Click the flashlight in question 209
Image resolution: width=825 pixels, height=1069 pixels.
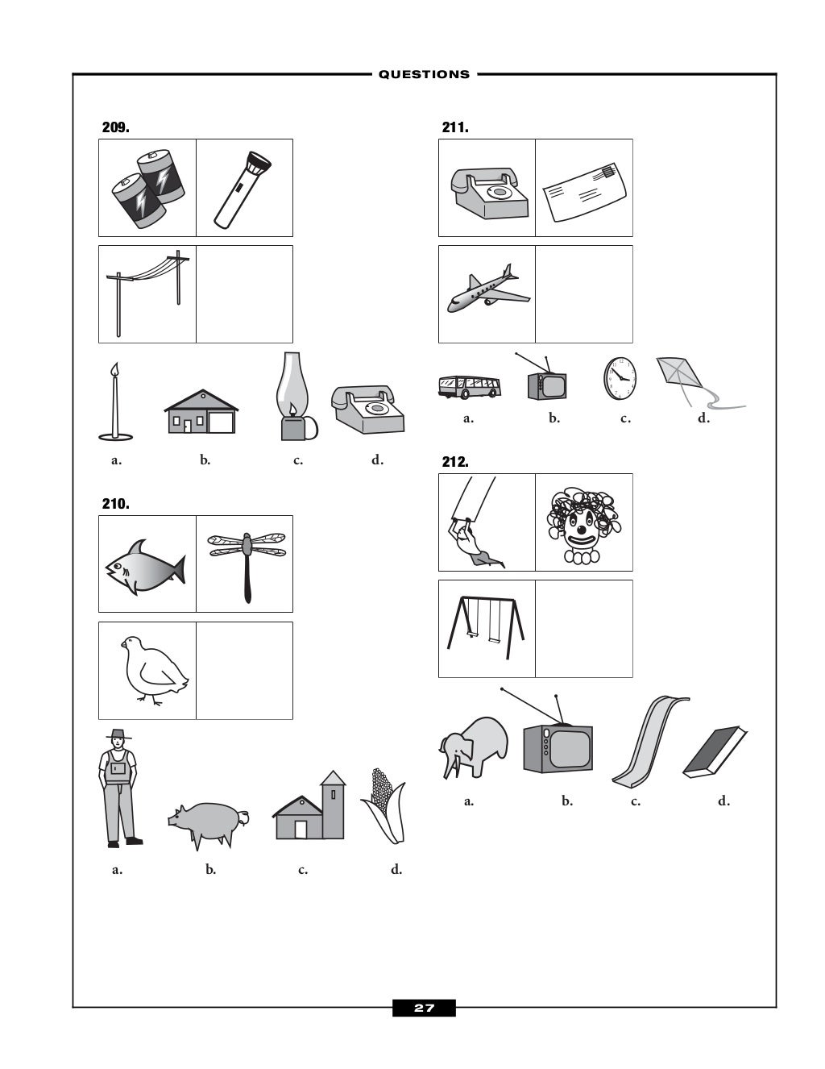tap(243, 188)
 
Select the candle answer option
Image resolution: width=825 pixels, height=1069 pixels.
tap(116, 403)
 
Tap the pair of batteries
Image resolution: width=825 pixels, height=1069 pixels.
tap(148, 188)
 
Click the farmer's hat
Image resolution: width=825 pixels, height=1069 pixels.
tap(118, 734)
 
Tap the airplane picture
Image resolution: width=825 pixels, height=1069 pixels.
tap(487, 289)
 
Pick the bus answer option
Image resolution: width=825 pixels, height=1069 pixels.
tap(469, 386)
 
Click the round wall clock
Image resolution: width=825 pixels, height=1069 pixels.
tap(620, 378)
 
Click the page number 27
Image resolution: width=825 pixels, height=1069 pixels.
tap(424, 1008)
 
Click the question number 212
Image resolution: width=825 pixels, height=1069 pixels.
tap(455, 462)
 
